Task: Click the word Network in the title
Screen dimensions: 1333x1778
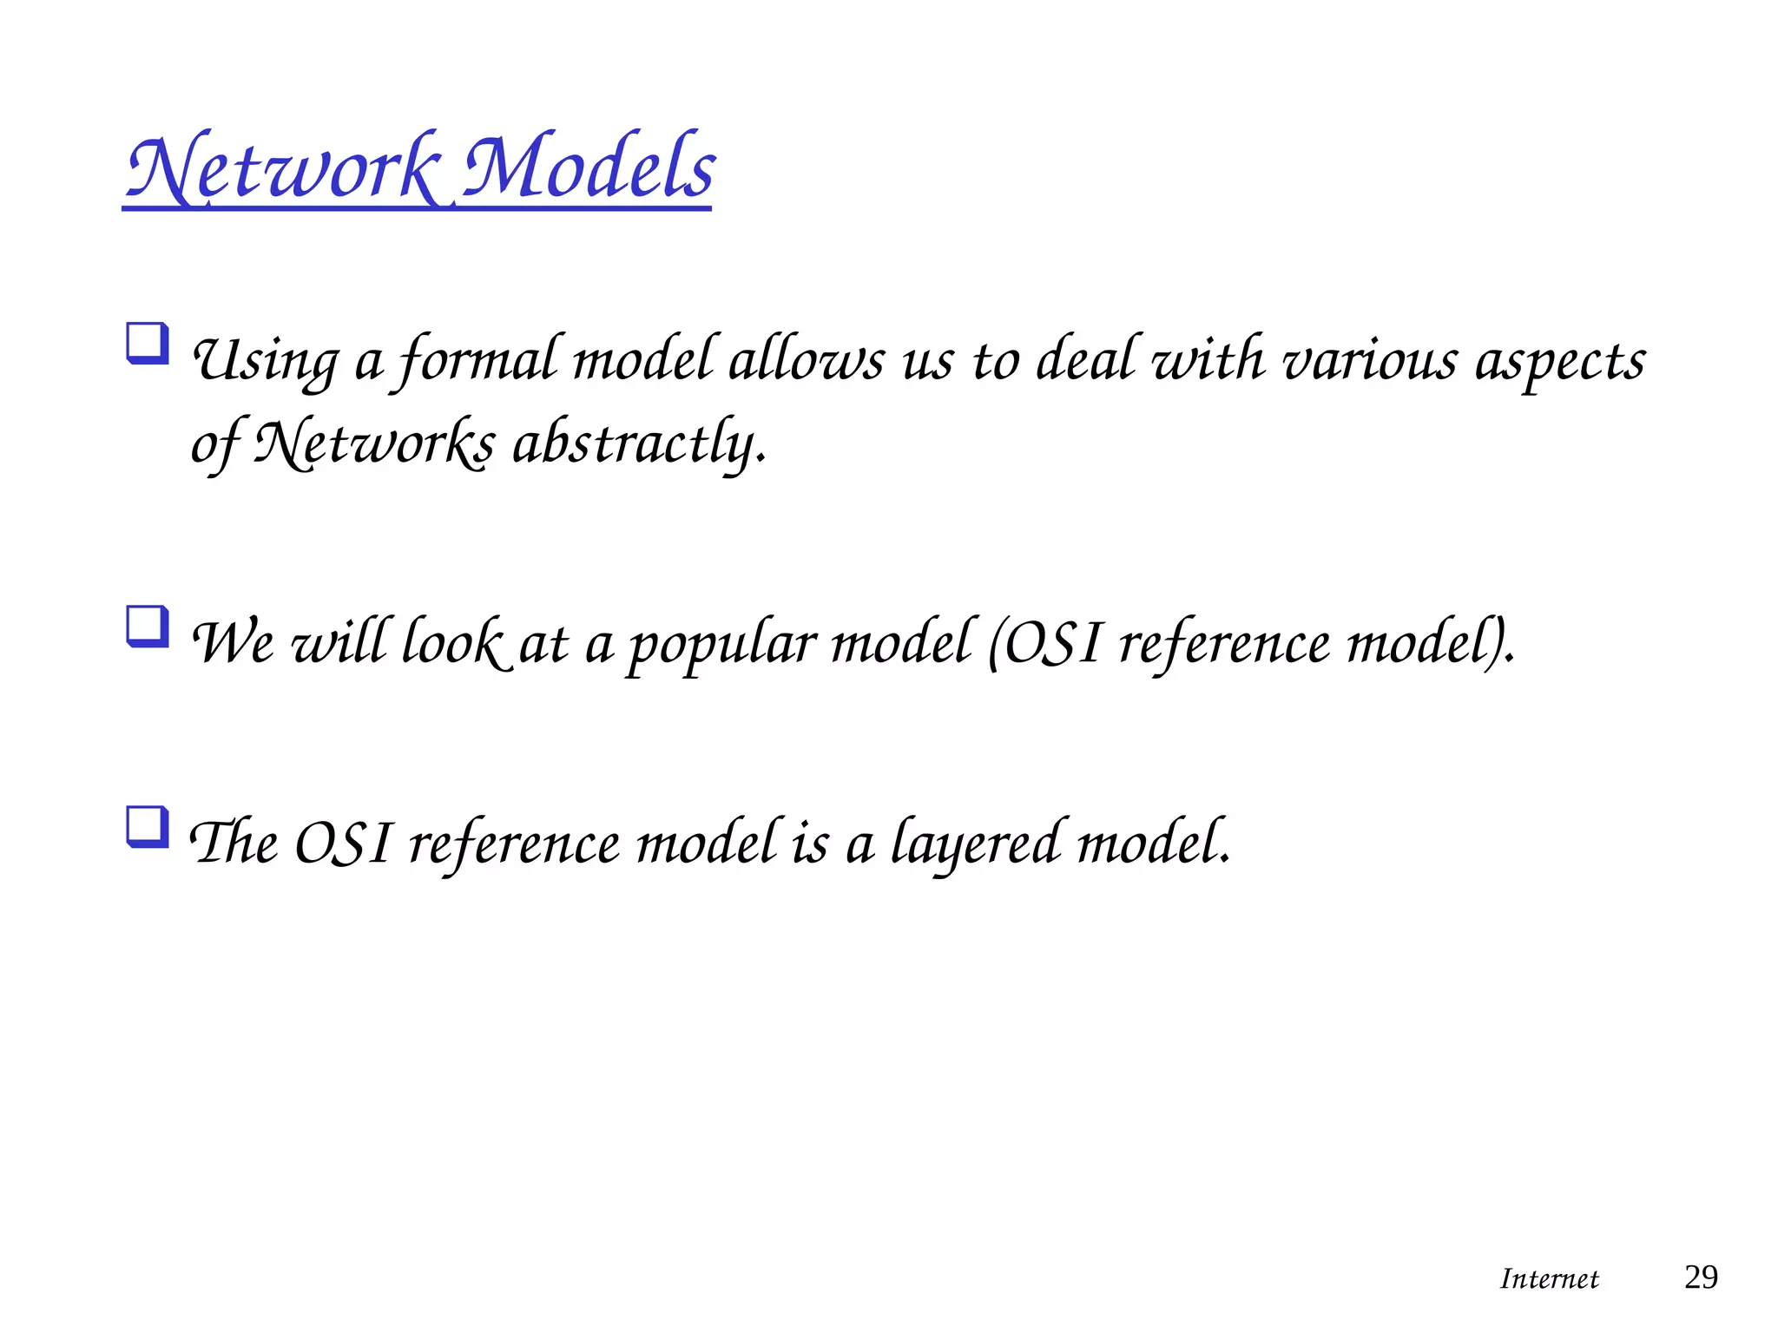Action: click(x=282, y=168)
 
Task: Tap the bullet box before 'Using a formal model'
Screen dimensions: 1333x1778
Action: click(x=147, y=344)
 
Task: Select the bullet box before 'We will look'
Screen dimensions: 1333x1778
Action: click(x=147, y=627)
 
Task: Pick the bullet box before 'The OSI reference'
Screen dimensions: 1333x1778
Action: click(x=147, y=826)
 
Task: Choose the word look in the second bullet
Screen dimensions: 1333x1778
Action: click(x=451, y=644)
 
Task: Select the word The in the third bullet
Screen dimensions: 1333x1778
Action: click(x=234, y=844)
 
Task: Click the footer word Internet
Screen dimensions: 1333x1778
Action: click(x=1549, y=1278)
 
